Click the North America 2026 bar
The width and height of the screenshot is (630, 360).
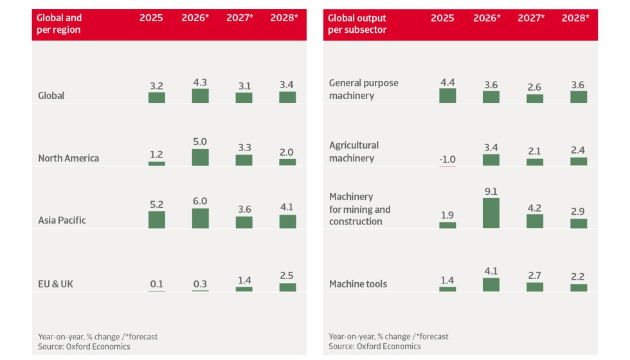pyautogui.click(x=200, y=157)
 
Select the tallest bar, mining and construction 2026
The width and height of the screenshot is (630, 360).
pyautogui.click(x=491, y=213)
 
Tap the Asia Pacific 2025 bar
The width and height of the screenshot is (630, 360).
pyautogui.click(x=157, y=220)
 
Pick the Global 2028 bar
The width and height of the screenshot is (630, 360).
pyautogui.click(x=287, y=97)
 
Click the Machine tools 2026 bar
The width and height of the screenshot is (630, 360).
pyautogui.click(x=491, y=284)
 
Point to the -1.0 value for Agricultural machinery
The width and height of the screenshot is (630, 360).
pyautogui.click(x=447, y=159)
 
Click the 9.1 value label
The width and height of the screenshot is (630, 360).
pyautogui.click(x=491, y=192)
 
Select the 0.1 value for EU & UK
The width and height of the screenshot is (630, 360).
pyautogui.click(x=157, y=284)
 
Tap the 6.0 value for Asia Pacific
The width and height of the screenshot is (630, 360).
pyautogui.click(x=200, y=201)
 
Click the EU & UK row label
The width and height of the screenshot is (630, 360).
pyautogui.click(x=55, y=284)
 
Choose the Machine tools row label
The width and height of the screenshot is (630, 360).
pyautogui.click(x=358, y=284)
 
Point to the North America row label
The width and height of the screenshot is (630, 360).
pyautogui.click(x=68, y=158)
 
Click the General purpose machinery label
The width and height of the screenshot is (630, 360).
pyautogui.click(x=364, y=89)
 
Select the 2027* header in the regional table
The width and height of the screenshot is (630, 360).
pyautogui.click(x=240, y=18)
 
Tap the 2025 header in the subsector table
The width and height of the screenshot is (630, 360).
pyautogui.click(x=442, y=18)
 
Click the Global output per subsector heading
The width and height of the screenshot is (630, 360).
pyautogui.click(x=357, y=24)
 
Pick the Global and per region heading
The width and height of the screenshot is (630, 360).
pyautogui.click(x=59, y=24)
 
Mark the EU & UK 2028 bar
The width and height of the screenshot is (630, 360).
pyautogui.click(x=287, y=287)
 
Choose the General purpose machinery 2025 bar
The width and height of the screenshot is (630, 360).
pyautogui.click(x=447, y=96)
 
